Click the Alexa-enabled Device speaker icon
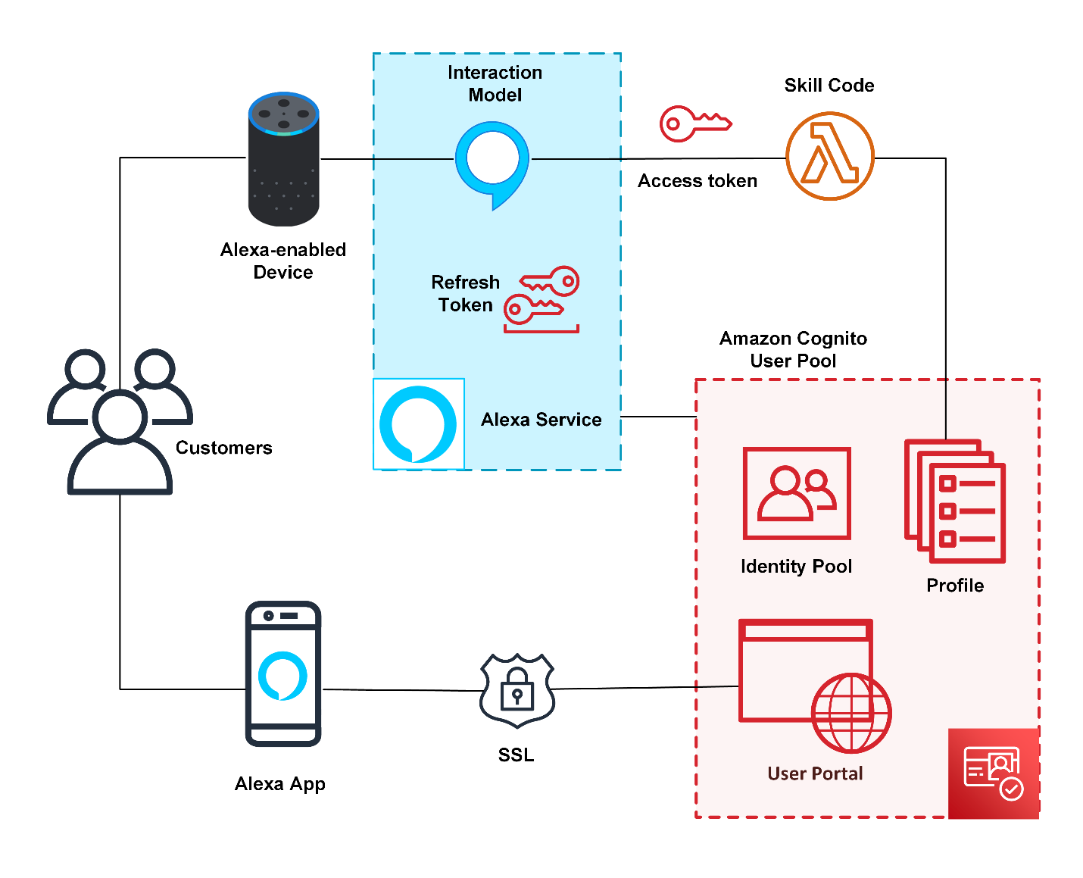point(283,159)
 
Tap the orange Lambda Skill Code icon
point(829,156)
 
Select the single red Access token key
point(694,123)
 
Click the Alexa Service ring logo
point(418,424)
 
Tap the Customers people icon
point(120,424)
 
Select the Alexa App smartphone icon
point(283,674)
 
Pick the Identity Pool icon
point(797,493)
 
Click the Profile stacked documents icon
point(955,501)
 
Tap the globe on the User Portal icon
point(851,713)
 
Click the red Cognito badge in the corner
point(993,773)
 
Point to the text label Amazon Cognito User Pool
point(793,349)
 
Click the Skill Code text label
point(829,86)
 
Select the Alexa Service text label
point(541,420)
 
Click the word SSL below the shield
point(516,755)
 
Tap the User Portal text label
point(815,773)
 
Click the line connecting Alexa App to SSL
point(401,690)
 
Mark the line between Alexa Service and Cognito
point(658,417)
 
